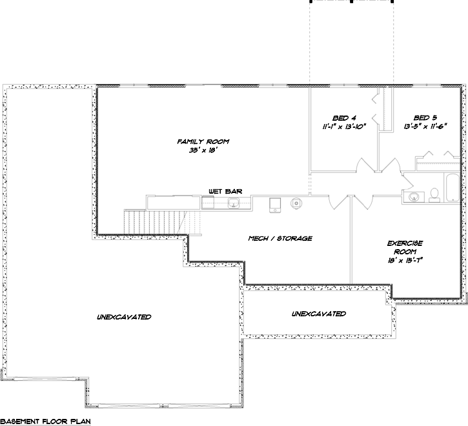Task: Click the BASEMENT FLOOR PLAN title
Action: coord(45,420)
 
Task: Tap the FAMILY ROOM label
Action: coord(203,141)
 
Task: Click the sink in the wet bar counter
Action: coord(234,205)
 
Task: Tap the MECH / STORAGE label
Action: coord(280,238)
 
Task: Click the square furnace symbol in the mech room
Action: coord(276,205)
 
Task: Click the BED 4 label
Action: coord(344,118)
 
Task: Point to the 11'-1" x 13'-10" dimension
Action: coord(344,127)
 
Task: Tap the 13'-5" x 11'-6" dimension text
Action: coord(425,127)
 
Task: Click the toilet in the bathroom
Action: coord(435,194)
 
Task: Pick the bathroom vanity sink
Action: coord(412,196)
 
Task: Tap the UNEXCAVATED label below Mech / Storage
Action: coord(318,314)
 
